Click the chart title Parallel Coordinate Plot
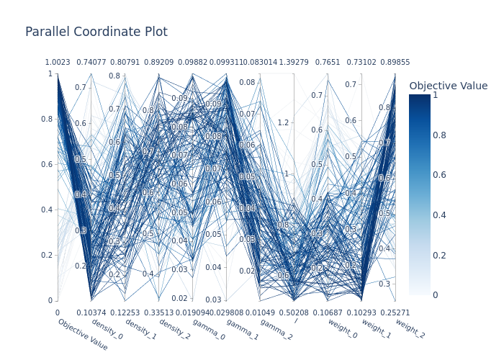[96, 32]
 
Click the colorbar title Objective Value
[448, 86]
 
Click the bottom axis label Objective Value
[83, 336]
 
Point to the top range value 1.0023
[58, 63]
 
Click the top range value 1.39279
[294, 63]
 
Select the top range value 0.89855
[395, 63]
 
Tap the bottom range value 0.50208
[294, 312]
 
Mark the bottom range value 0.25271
[395, 312]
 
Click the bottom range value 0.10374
[91, 312]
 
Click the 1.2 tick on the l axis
[283, 122]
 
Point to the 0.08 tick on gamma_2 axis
[247, 82]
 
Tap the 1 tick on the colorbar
[435, 95]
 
